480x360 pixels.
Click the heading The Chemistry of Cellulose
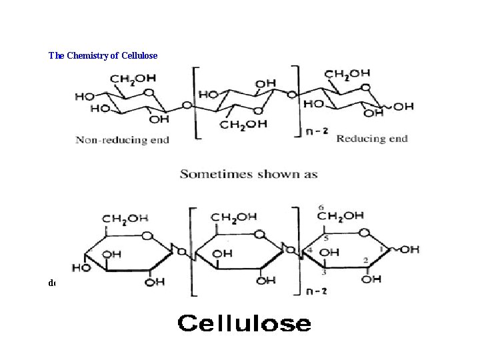[103, 55]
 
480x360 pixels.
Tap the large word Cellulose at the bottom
[244, 324]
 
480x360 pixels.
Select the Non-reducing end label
[122, 140]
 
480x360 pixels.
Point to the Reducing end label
[371, 139]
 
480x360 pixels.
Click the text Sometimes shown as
[248, 175]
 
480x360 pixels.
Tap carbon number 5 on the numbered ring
[326, 237]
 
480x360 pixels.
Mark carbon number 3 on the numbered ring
[324, 272]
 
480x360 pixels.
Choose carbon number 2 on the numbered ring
[365, 259]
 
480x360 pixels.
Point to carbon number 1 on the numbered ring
[381, 248]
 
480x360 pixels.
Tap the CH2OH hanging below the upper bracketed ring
[244, 124]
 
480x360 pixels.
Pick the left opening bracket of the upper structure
[195, 103]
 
